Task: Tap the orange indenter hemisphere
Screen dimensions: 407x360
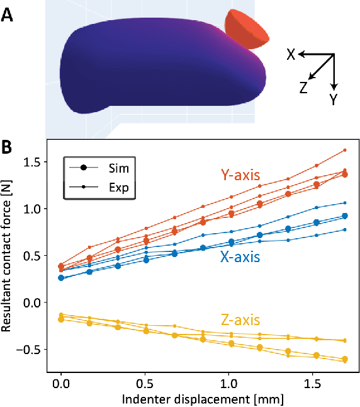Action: click(x=246, y=30)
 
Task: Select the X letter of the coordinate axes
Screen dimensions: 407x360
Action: click(x=291, y=55)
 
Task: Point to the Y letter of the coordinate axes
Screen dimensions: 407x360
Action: click(x=334, y=100)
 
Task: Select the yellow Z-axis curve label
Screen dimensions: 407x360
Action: click(x=242, y=321)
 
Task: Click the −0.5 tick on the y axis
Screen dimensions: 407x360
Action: click(x=31, y=350)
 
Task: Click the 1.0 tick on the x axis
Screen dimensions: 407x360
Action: click(x=228, y=383)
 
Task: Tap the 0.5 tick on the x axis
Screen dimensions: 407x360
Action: click(x=145, y=383)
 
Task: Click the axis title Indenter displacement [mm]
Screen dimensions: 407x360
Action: click(x=203, y=398)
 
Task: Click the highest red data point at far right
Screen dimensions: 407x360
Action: click(x=345, y=150)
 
